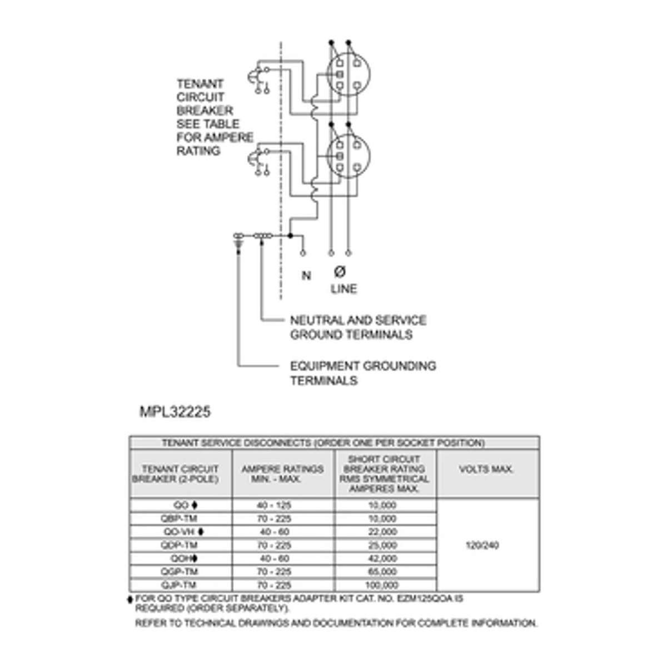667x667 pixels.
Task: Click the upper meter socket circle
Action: coord(348,74)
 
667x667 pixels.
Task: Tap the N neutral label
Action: coord(306,275)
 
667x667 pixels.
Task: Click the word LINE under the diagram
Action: coord(344,289)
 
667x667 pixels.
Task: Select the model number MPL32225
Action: coord(175,412)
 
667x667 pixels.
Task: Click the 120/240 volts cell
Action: coord(482,545)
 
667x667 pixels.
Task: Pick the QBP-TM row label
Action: coord(179,519)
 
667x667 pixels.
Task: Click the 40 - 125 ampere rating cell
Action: coord(274,505)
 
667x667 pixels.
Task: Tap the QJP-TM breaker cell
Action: coord(179,585)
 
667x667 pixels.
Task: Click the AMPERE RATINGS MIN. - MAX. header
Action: coord(282,474)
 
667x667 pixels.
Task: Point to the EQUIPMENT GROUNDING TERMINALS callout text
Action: coord(363,373)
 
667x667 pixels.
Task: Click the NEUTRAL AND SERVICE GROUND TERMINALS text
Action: coord(359,327)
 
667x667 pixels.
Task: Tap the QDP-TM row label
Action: coord(179,545)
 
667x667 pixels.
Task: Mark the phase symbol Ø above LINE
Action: coord(340,271)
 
